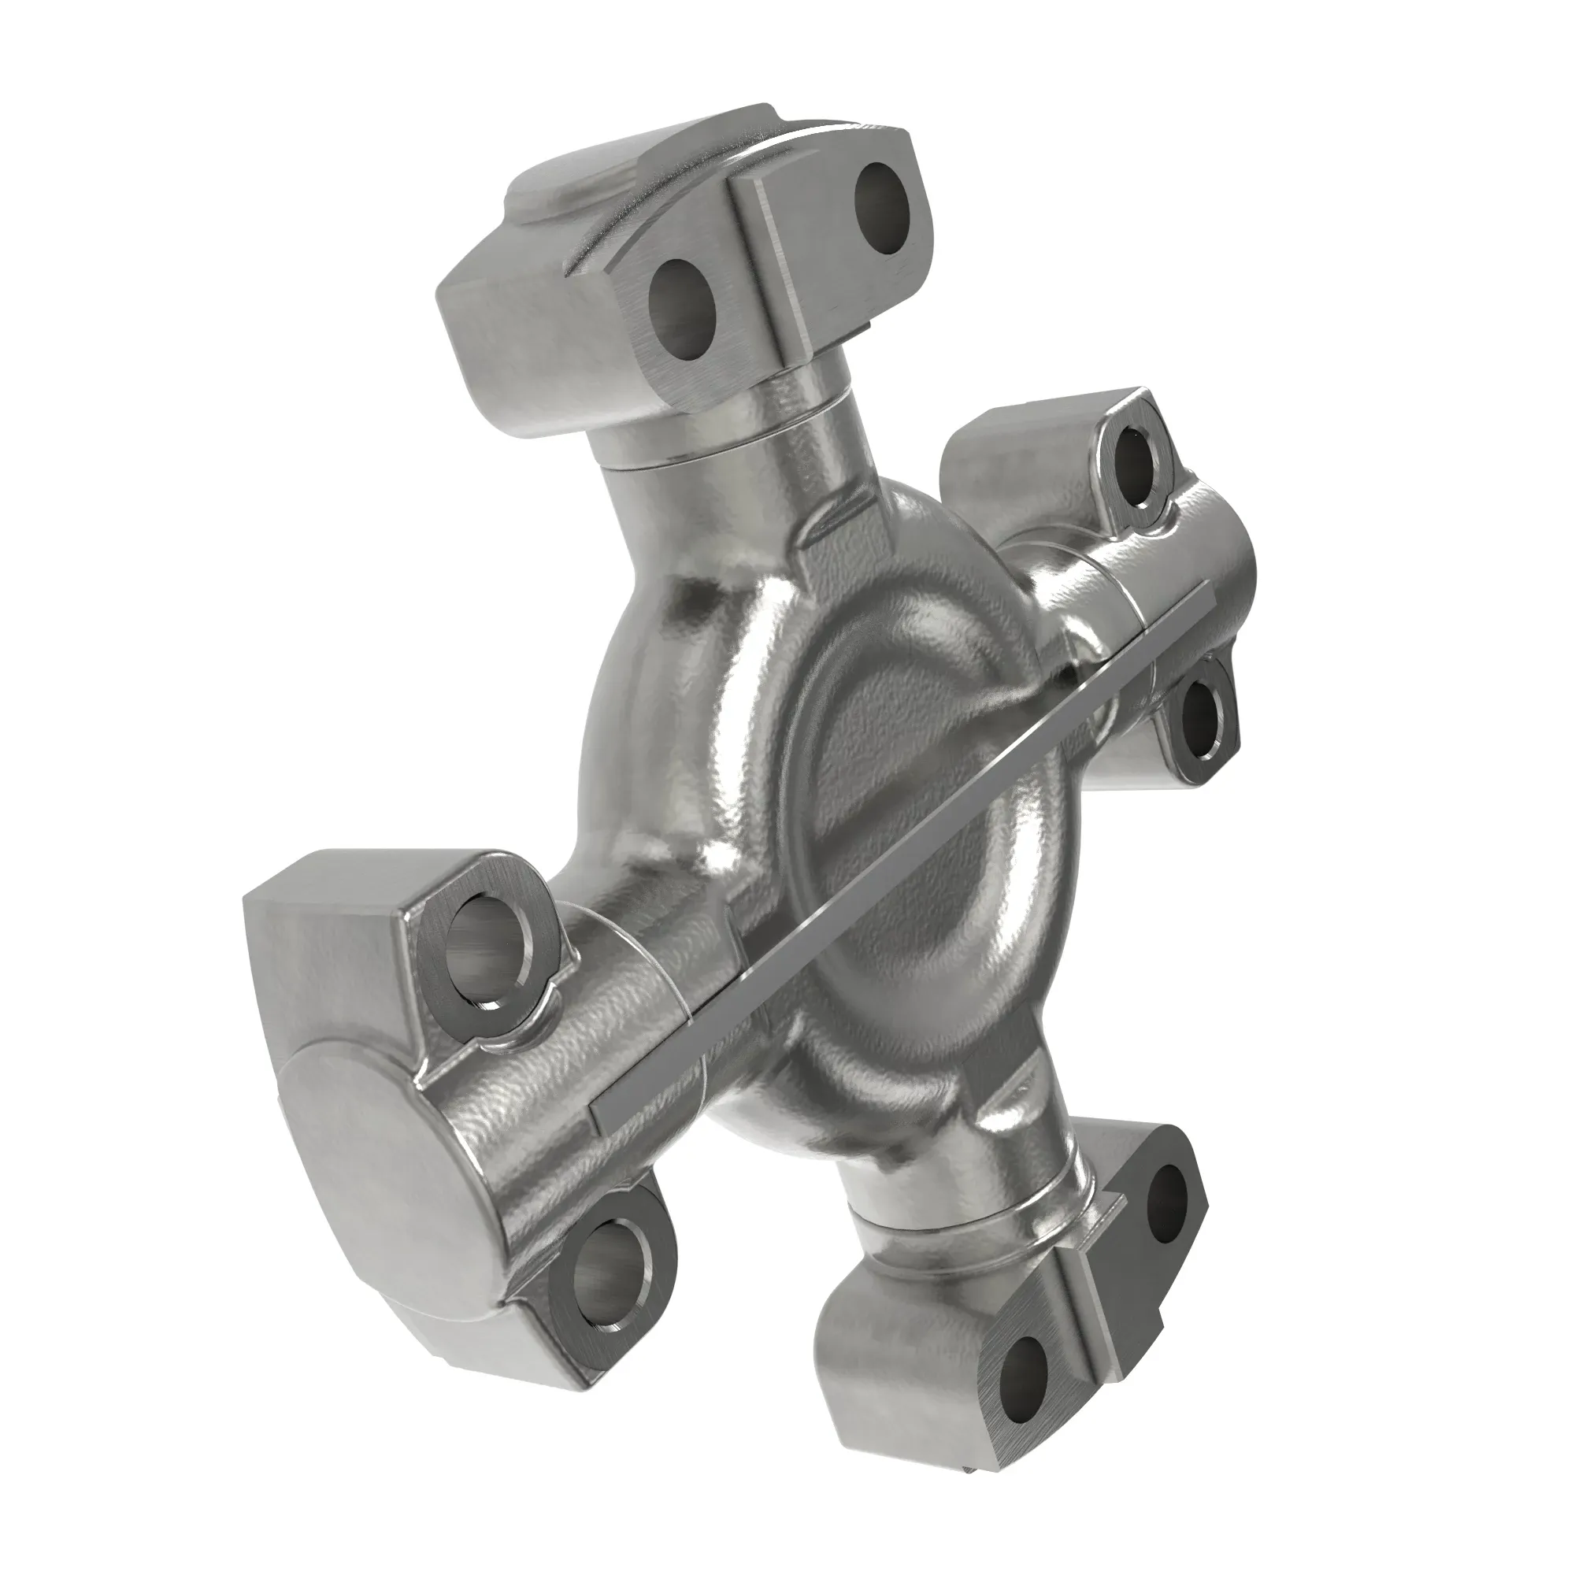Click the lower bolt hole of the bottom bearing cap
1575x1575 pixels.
coord(1024,1377)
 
